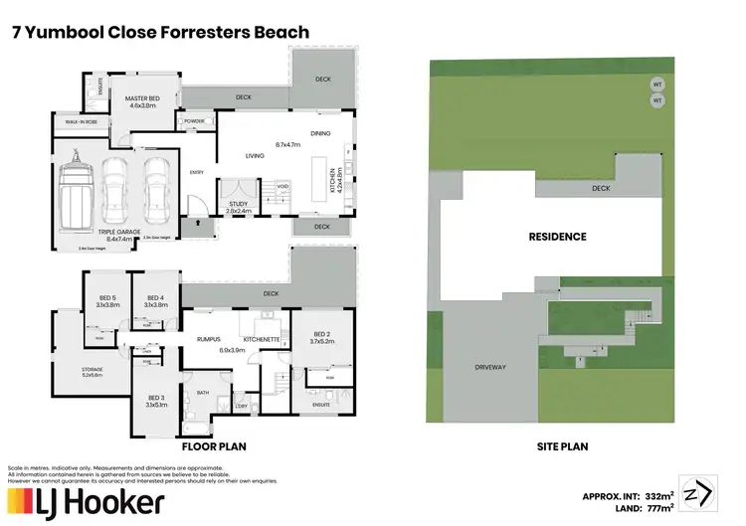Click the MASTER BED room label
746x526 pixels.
[142, 99]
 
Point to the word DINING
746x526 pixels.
[320, 133]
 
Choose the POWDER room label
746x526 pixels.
[194, 121]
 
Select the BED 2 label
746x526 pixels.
[321, 334]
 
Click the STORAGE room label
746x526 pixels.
[93, 369]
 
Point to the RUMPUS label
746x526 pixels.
[208, 339]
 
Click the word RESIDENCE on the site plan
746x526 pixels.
[557, 237]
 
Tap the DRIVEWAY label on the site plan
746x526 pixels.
[490, 367]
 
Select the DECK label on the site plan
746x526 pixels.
[600, 187]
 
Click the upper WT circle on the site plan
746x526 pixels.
[656, 85]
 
